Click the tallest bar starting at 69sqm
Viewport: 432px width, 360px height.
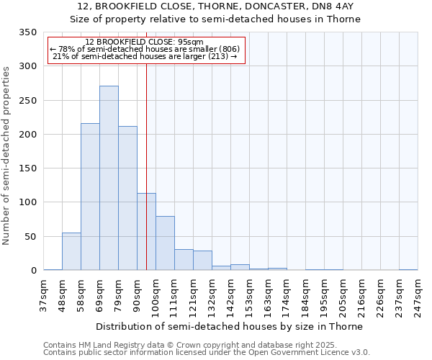[109, 178]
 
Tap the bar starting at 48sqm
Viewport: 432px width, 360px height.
[71, 251]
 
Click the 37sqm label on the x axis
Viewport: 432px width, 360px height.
[43, 296]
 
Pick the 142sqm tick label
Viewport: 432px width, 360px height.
[230, 296]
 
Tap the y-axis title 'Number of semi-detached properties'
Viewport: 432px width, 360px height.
[6, 155]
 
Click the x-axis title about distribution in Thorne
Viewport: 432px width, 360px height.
[230, 326]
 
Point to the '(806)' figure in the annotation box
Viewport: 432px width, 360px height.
[227, 49]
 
